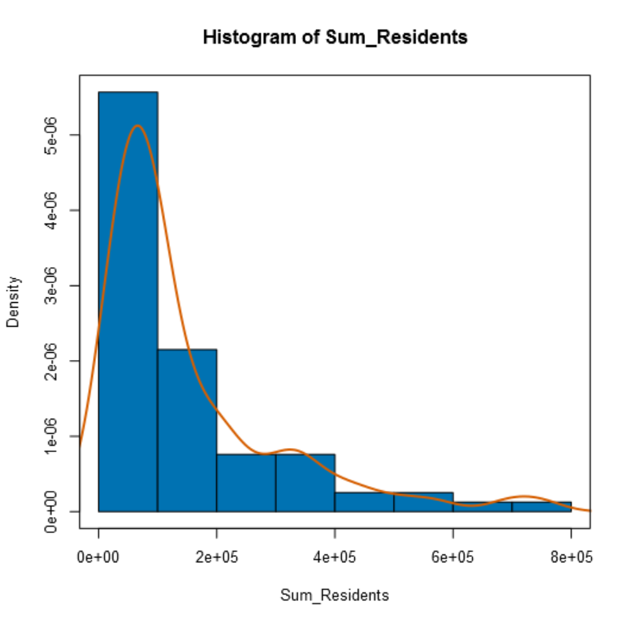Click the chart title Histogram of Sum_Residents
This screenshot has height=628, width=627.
click(x=335, y=37)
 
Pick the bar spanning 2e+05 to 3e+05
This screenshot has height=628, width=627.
click(x=246, y=483)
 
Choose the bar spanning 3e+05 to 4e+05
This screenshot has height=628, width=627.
click(x=305, y=483)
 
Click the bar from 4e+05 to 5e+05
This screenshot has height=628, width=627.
click(x=364, y=502)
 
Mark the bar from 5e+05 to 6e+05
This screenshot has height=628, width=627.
click(x=423, y=502)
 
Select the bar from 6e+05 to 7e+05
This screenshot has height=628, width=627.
click(x=482, y=507)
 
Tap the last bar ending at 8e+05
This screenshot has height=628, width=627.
click(x=541, y=507)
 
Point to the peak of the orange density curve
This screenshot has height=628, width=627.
click(x=137, y=125)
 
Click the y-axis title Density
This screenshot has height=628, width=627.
click(x=13, y=302)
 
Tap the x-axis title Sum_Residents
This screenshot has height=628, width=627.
click(x=335, y=595)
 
